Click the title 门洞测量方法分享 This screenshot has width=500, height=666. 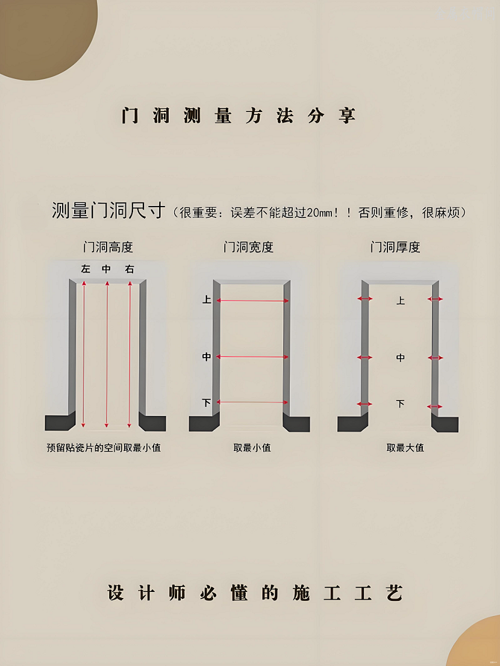[x=239, y=116]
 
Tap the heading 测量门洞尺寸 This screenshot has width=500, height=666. [x=108, y=211]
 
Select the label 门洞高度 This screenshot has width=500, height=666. [x=108, y=247]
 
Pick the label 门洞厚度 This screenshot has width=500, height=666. [x=395, y=247]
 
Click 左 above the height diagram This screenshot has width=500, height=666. [x=86, y=269]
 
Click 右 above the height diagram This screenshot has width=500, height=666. [x=130, y=269]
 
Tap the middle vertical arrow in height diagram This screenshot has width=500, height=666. [x=107, y=355]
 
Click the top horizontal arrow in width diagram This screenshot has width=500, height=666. [x=252, y=300]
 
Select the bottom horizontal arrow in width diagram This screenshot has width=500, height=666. [x=252, y=402]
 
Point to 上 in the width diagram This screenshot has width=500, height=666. [x=207, y=299]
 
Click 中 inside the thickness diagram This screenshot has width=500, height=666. [x=401, y=358]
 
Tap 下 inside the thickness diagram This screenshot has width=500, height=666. [x=401, y=403]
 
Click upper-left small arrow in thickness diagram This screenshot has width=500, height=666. [x=364, y=299]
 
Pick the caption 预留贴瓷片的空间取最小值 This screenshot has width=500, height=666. [x=104, y=448]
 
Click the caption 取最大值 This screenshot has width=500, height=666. [x=405, y=448]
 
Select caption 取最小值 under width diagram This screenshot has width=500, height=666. [x=252, y=448]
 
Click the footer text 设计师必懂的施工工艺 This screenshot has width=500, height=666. [x=254, y=593]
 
